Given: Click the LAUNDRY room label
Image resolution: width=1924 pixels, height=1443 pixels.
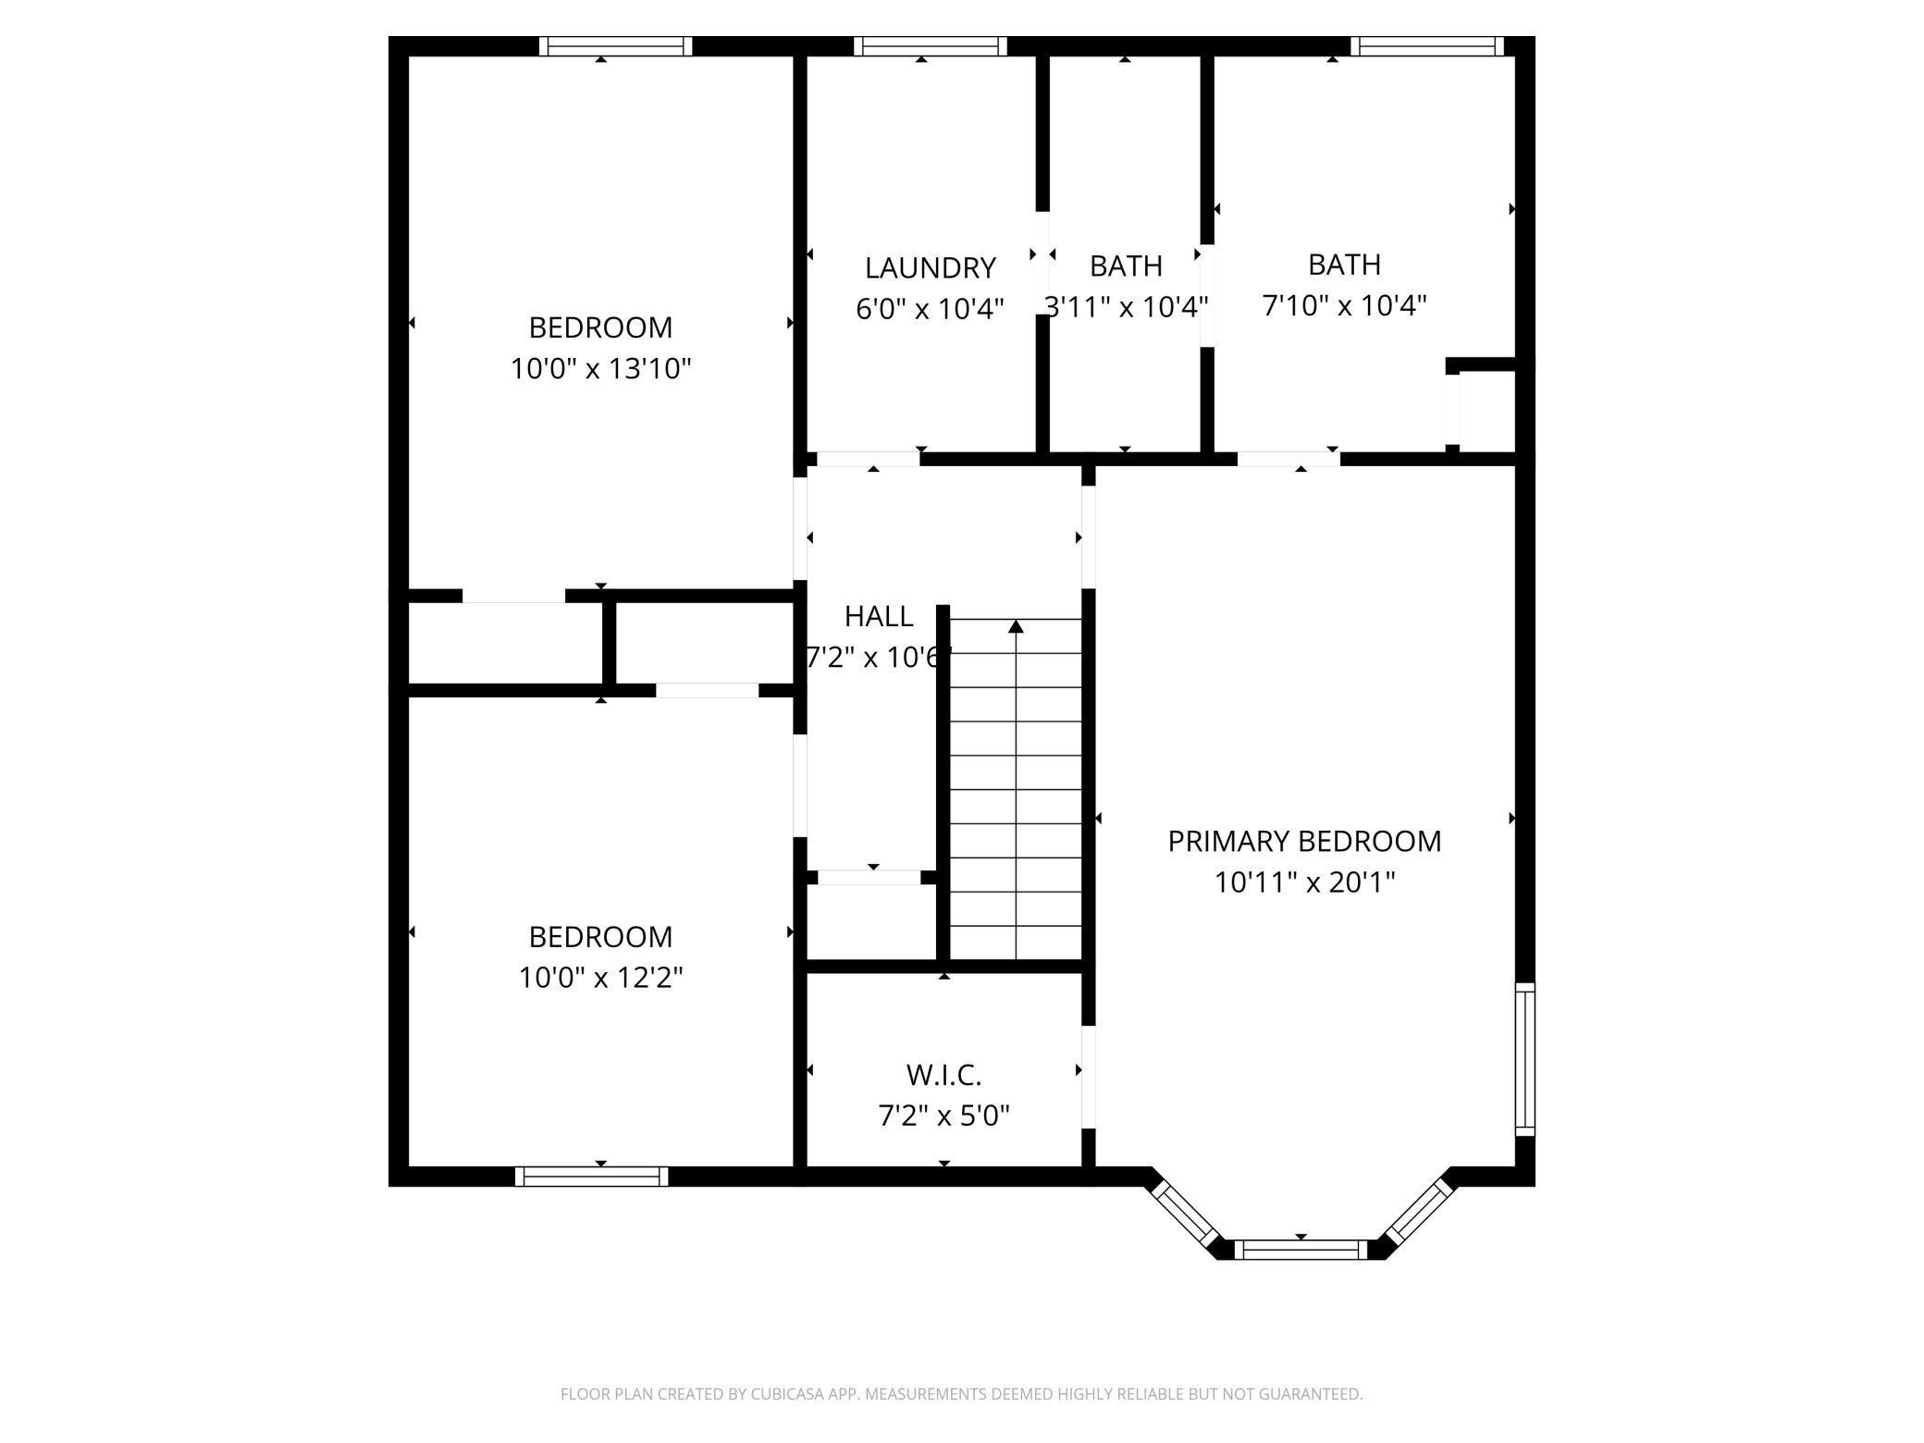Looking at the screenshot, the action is click(x=930, y=268).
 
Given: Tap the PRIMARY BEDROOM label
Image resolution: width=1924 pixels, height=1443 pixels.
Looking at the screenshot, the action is click(x=1304, y=841).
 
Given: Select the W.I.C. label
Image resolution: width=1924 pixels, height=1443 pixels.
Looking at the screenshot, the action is click(x=943, y=1075).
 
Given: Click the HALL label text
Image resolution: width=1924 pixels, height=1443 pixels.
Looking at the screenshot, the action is click(x=879, y=616).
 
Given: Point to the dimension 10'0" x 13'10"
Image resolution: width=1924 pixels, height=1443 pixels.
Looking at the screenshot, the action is click(x=601, y=369).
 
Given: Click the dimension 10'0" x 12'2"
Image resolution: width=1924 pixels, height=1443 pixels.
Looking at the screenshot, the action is click(x=601, y=978).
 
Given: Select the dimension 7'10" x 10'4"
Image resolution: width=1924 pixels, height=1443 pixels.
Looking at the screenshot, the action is click(x=1345, y=305).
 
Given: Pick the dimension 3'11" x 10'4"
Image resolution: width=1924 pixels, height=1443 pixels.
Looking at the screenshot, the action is click(x=1126, y=306).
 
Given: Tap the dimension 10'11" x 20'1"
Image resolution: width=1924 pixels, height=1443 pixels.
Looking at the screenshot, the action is click(x=1304, y=882).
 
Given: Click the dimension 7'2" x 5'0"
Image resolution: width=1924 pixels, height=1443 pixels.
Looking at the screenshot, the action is click(x=943, y=1116).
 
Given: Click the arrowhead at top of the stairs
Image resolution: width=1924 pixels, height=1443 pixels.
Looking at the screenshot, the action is click(x=1017, y=626).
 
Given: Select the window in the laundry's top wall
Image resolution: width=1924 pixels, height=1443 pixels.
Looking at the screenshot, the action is click(x=931, y=46).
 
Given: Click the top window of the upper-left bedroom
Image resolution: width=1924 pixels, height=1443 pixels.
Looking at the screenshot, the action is click(x=616, y=46).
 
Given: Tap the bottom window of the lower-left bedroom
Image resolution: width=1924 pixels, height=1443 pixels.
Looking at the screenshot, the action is click(x=592, y=1177).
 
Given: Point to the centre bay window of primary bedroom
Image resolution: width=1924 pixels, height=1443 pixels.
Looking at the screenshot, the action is click(x=1301, y=1250).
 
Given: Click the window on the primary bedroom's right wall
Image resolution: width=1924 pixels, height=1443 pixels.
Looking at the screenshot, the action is click(x=1525, y=1059).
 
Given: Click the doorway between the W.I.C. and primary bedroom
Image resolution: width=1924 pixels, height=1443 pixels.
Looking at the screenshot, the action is click(x=1089, y=1077).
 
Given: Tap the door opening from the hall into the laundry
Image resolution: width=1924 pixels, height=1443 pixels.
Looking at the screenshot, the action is click(x=868, y=459).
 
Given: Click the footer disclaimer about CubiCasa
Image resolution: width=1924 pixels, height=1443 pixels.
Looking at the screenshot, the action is click(x=962, y=1394).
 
